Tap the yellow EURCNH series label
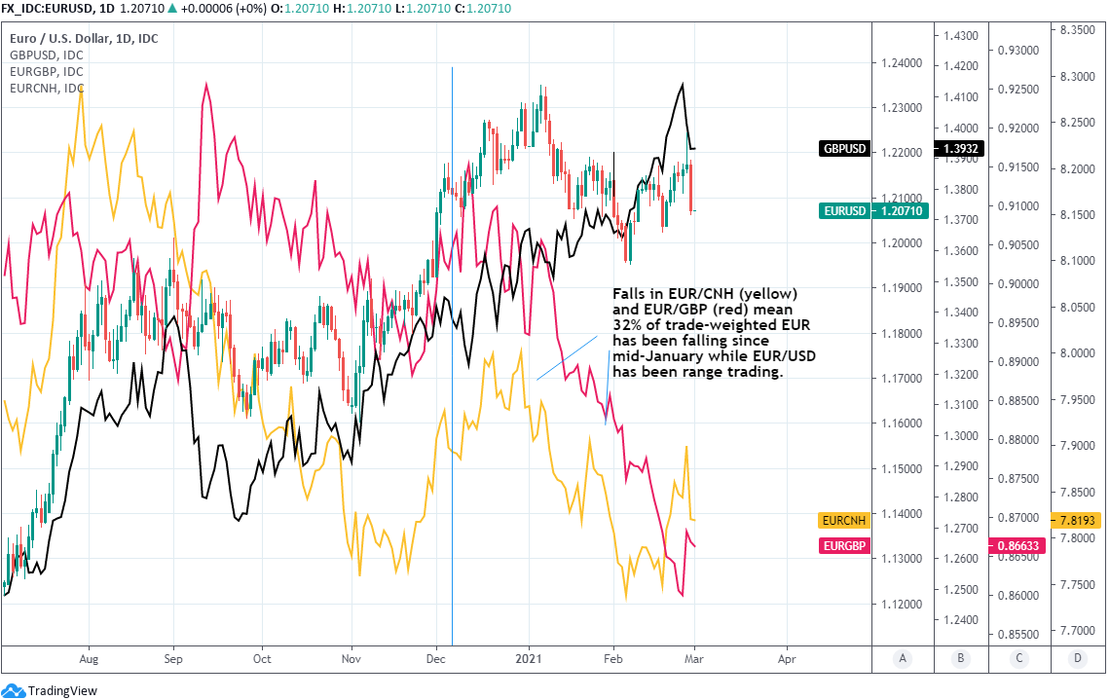[x=844, y=521]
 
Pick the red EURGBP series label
[x=844, y=546]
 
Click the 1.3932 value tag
[x=960, y=149]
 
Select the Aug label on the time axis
[x=89, y=658]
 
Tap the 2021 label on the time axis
[x=529, y=658]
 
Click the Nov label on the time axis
[x=352, y=658]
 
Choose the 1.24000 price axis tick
[x=900, y=63]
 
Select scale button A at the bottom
[x=903, y=659]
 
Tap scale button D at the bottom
[x=1077, y=659]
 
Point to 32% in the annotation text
[x=625, y=324]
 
